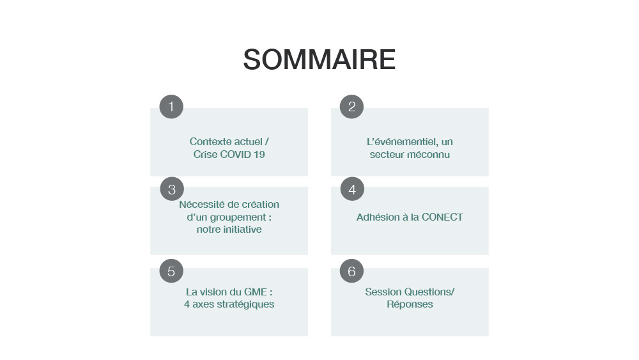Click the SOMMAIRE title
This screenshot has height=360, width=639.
pos(319,59)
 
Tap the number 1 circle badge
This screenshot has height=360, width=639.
pos(171,107)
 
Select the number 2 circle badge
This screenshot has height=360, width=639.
pos(351,107)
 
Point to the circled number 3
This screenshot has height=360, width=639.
pos(172,189)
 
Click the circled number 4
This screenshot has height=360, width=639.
pos(352,189)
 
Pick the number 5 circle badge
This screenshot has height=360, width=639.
pos(171,271)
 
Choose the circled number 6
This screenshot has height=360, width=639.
pos(351,271)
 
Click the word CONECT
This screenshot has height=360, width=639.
pos(442,217)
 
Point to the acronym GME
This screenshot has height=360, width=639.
pos(255,292)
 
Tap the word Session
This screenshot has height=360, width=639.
pos(378,292)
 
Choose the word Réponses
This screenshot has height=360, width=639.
pos(410,304)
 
